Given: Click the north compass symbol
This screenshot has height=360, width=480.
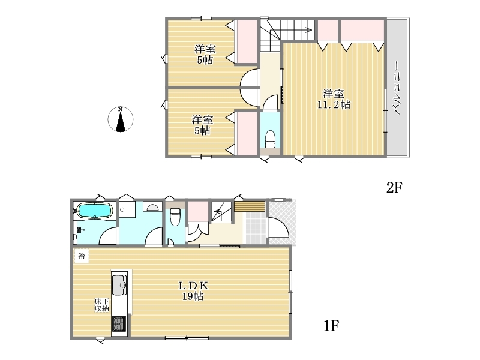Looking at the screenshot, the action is (x=121, y=119).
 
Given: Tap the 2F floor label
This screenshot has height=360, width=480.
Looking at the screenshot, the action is (x=394, y=187).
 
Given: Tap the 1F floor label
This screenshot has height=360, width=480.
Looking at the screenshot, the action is (x=331, y=326).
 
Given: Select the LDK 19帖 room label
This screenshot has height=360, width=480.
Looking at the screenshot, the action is (x=193, y=291).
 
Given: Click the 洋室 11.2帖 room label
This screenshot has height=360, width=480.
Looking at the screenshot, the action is (x=334, y=99).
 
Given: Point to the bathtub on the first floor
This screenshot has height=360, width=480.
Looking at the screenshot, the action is (x=95, y=211).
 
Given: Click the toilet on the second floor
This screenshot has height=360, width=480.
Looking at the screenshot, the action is (x=270, y=139).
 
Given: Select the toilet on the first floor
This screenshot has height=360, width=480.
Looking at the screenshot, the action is (x=175, y=217).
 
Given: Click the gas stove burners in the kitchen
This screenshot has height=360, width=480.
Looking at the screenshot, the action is (x=119, y=323).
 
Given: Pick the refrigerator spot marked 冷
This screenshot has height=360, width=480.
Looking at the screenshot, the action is (x=82, y=256).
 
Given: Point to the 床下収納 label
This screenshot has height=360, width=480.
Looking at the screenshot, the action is (x=101, y=305).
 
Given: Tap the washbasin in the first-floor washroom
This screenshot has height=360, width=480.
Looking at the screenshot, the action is (x=152, y=207).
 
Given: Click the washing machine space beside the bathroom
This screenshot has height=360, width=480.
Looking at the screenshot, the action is (x=127, y=209).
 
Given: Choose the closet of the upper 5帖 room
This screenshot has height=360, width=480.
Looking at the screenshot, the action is (x=246, y=42).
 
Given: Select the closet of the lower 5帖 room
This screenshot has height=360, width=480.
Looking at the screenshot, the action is (x=246, y=133).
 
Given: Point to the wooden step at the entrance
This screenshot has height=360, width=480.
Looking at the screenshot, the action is (x=250, y=206).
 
